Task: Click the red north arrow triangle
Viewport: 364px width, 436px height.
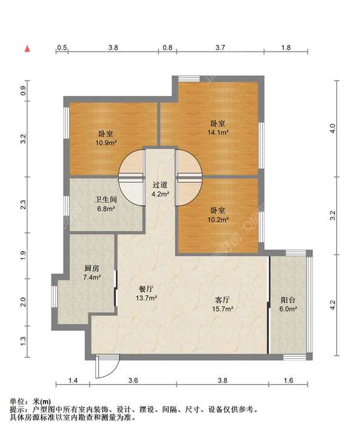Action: tap(27, 49)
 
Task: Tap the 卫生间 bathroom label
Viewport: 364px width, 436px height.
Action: tap(106, 199)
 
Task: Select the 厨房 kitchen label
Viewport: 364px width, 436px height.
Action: tap(92, 268)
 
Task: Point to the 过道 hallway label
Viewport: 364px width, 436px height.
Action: tap(160, 185)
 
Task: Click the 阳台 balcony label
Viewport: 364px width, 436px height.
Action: tap(288, 300)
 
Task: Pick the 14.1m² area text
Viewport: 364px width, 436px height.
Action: tap(218, 132)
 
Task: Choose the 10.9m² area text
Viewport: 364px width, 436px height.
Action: tap(106, 143)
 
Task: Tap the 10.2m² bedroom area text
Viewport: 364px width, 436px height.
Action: tap(218, 220)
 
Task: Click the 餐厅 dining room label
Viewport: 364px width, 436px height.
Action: tap(146, 289)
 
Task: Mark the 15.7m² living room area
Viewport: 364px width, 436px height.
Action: tap(223, 308)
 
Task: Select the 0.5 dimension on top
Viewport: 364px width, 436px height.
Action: tap(62, 47)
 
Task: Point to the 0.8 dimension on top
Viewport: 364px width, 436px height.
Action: tap(167, 47)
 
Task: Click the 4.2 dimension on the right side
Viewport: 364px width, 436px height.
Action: tap(332, 305)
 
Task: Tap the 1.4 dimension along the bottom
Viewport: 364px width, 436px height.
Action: tap(73, 380)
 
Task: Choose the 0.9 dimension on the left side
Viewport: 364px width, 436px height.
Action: tap(23, 90)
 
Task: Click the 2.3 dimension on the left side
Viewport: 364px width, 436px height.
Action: tap(23, 205)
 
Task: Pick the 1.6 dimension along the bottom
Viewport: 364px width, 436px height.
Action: tap(288, 380)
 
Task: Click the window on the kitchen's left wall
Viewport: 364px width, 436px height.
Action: tap(55, 296)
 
